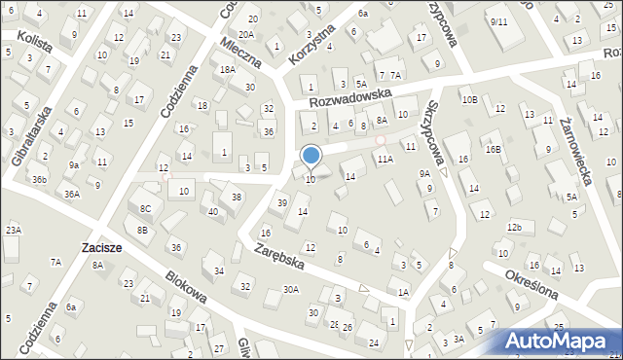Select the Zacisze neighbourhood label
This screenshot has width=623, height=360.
[102, 248]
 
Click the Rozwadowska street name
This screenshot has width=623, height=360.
[349, 94]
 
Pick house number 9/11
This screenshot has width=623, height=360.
[499, 21]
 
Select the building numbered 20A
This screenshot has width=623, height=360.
[246, 35]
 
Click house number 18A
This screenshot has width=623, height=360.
[227, 70]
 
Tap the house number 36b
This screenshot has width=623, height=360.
[38, 179]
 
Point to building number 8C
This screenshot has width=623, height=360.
[145, 208]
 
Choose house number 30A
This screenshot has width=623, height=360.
[290, 289]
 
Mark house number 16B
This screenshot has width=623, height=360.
[494, 149]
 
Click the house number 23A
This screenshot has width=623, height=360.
[13, 230]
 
